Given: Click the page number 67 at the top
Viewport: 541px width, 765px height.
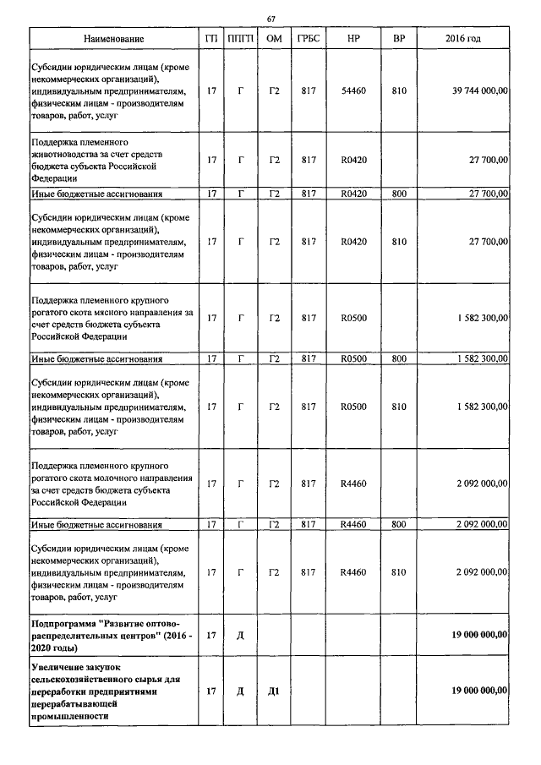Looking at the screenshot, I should click(x=271, y=19).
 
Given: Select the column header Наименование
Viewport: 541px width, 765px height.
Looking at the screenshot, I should click(x=114, y=40).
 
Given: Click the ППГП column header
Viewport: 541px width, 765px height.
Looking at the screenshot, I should click(x=240, y=40).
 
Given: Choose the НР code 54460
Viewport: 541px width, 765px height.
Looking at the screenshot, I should click(x=352, y=90).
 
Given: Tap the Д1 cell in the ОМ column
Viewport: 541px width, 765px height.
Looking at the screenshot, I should click(x=273, y=691).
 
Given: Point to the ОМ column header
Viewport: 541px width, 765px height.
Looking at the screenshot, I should click(x=273, y=40).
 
